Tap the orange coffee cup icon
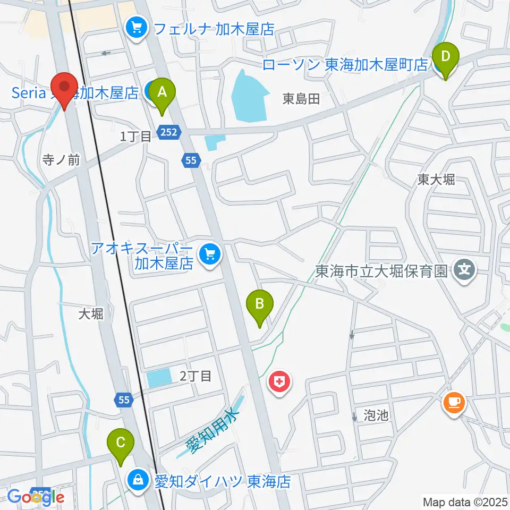(x=454, y=402)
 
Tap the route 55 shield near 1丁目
(x=192, y=158)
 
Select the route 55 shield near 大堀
(x=123, y=399)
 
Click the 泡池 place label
(x=377, y=415)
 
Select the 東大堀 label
(x=436, y=180)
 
